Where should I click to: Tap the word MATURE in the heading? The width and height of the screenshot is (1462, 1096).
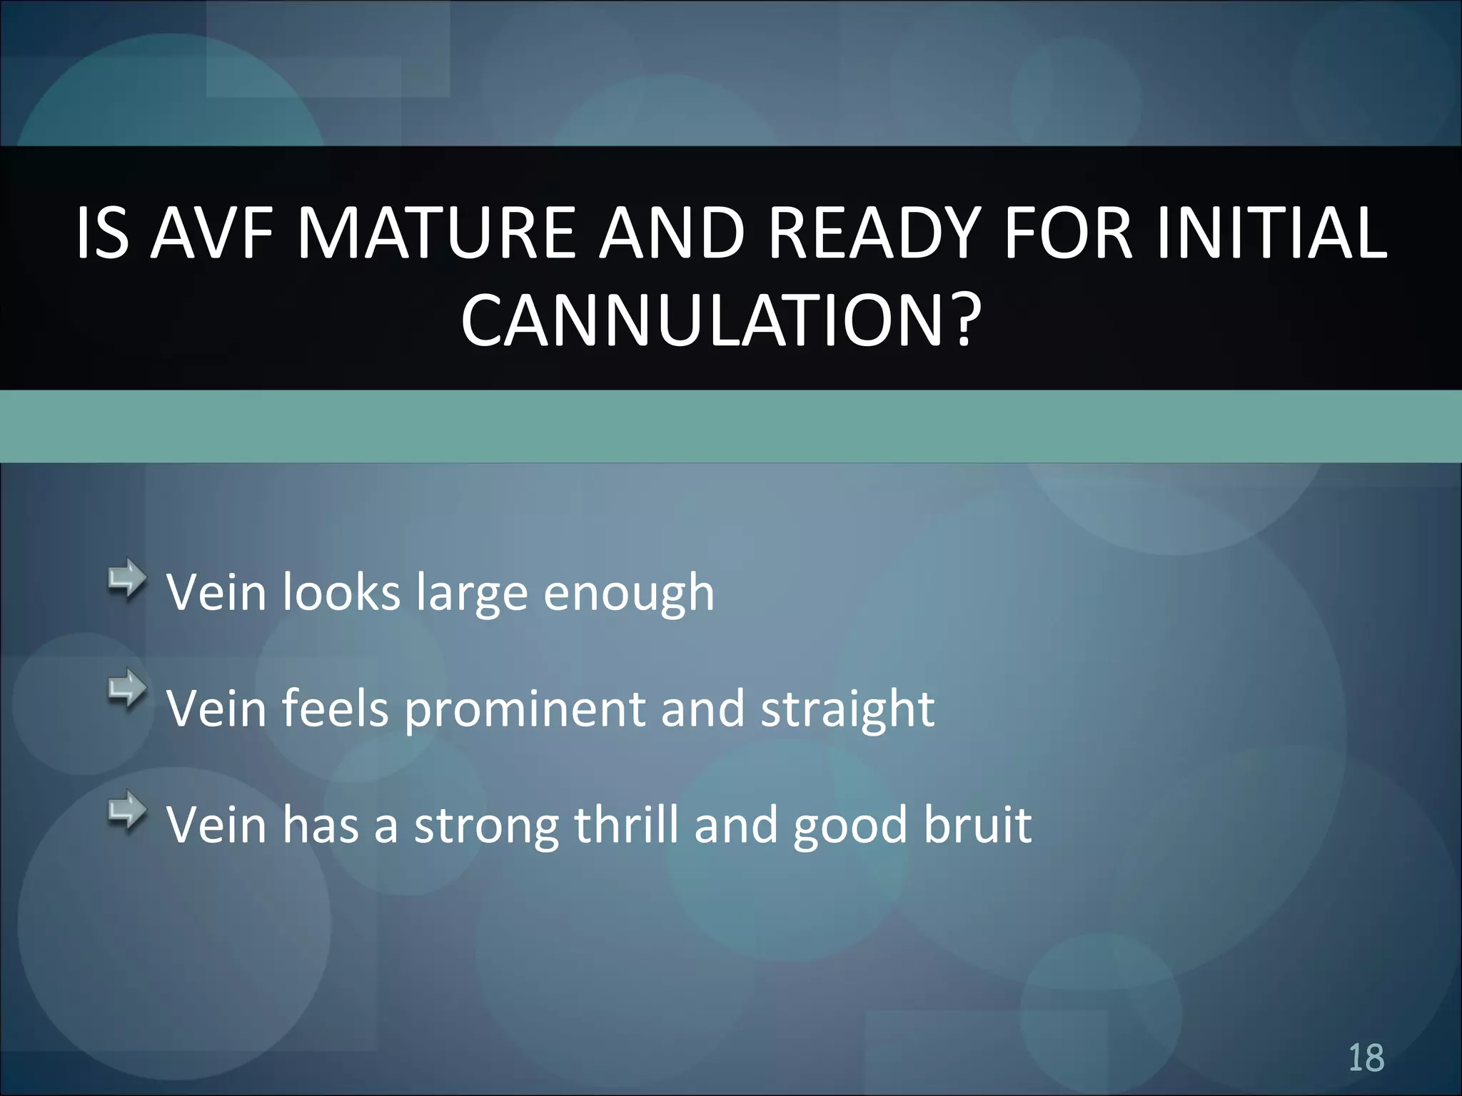[x=435, y=233]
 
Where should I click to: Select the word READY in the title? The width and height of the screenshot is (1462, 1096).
[x=871, y=233]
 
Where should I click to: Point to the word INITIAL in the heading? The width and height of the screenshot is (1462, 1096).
[x=1271, y=233]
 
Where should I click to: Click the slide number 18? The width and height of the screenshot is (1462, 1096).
[x=1366, y=1057]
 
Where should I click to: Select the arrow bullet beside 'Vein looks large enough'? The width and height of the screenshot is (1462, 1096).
[x=127, y=579]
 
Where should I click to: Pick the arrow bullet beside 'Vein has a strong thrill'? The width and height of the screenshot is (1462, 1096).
[x=127, y=811]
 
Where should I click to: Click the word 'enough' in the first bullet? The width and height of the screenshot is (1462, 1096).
[x=628, y=594]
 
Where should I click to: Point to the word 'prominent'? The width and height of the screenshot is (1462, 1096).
[x=525, y=710]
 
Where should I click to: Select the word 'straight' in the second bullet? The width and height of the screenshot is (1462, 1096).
[x=847, y=710]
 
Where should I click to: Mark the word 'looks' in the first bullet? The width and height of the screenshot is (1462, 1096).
[x=341, y=593]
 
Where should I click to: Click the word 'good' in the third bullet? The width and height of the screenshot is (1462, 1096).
[x=850, y=826]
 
